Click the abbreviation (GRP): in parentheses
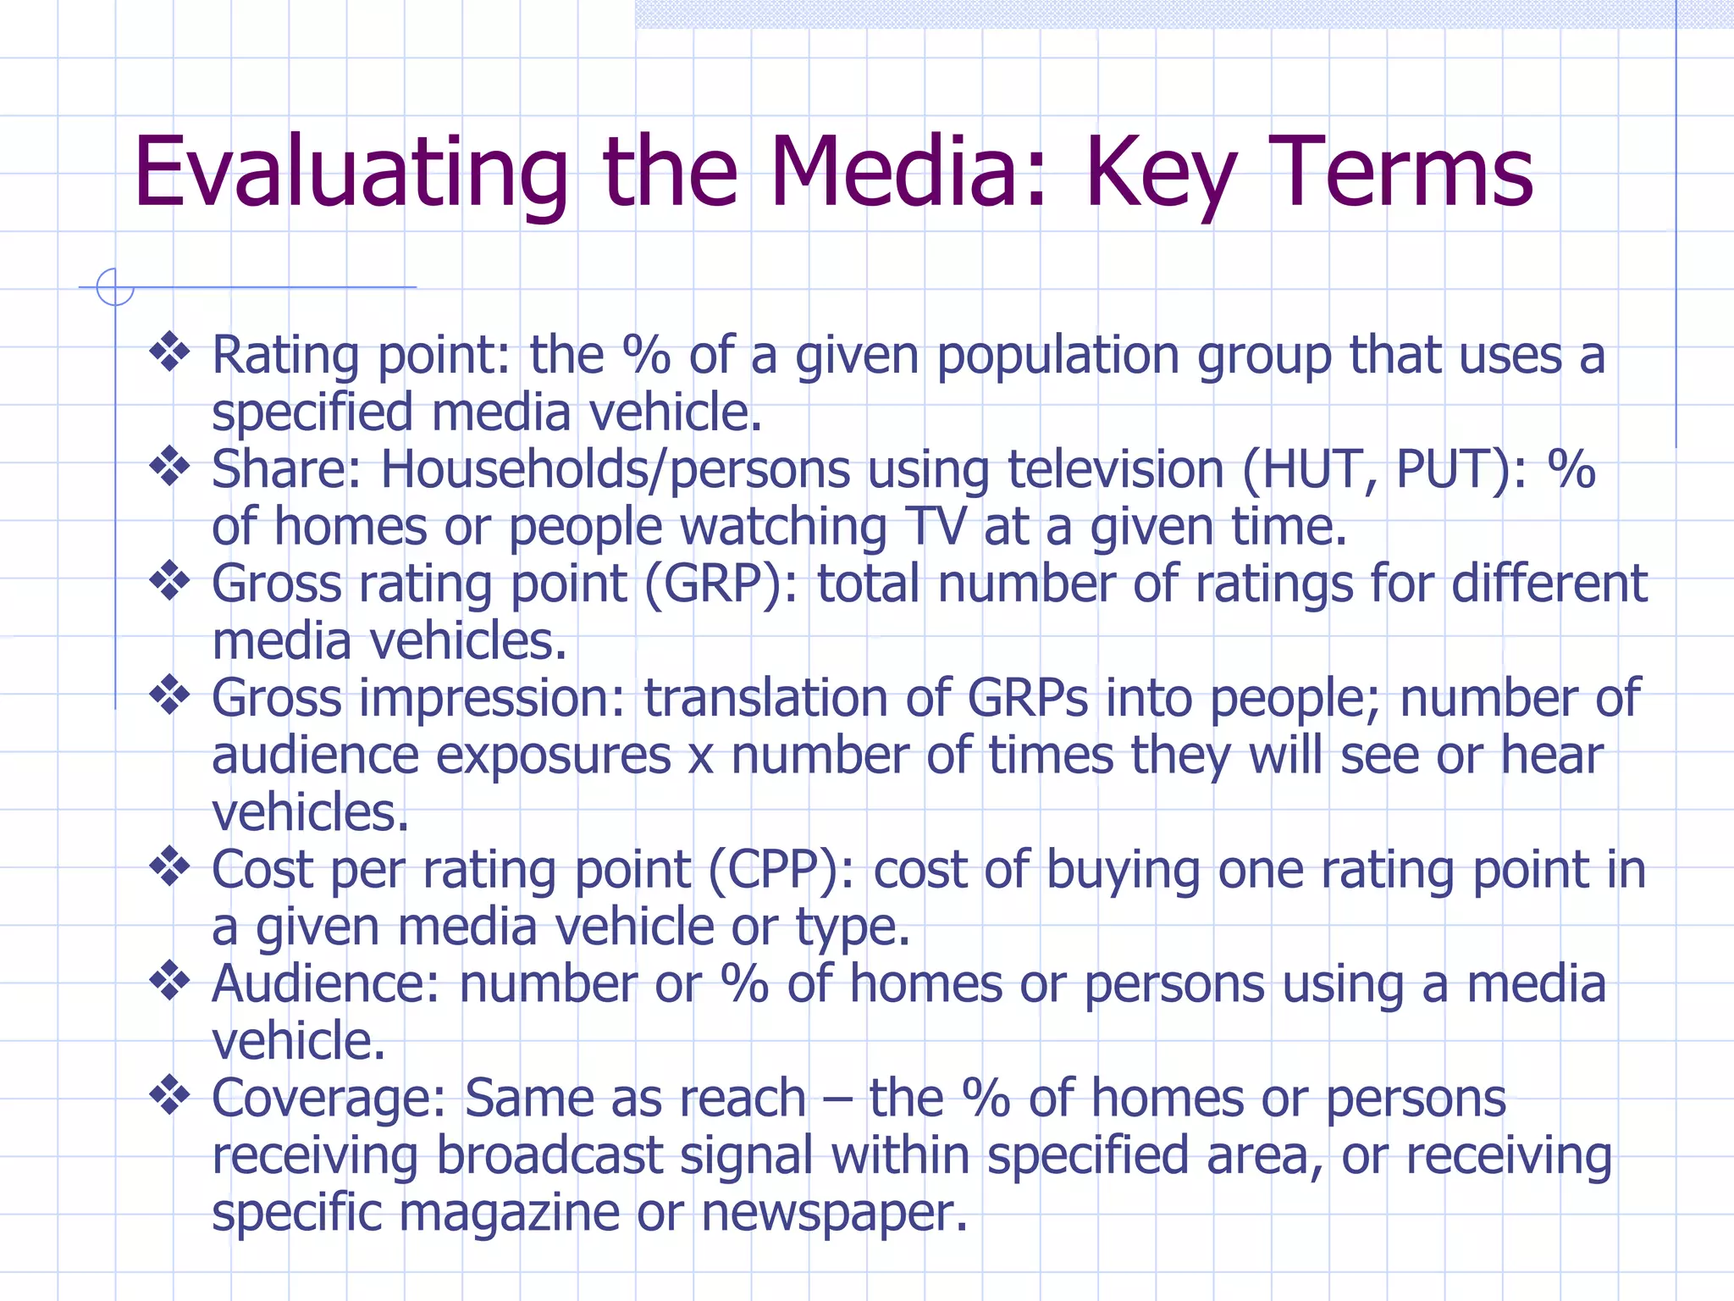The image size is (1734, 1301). [721, 584]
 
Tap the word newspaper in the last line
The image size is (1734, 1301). [834, 1213]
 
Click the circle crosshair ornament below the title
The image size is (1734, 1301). [115, 287]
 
